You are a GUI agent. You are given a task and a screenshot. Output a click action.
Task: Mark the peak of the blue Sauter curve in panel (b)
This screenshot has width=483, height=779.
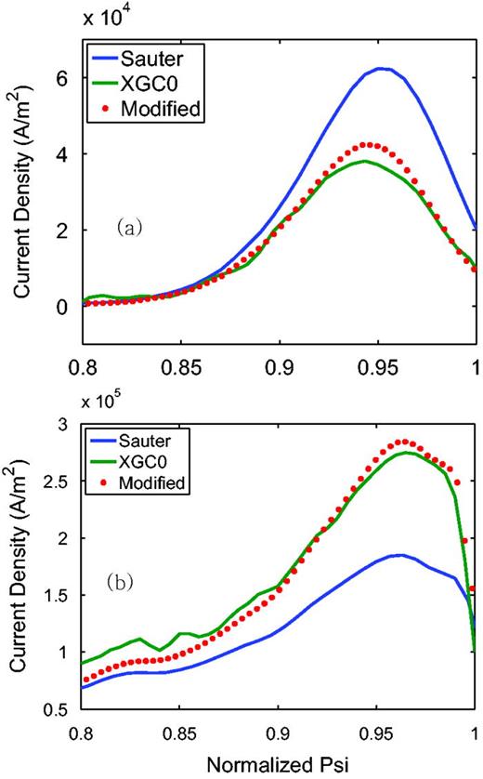click(x=398, y=555)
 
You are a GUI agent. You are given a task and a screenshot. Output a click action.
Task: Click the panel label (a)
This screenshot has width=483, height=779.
click(x=127, y=226)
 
